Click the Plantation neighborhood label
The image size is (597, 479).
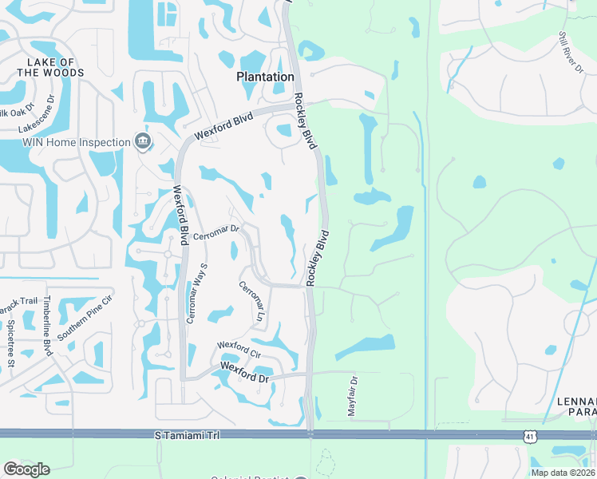click(x=265, y=77)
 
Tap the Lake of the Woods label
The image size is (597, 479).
click(x=50, y=68)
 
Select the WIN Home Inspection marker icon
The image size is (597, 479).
click(x=143, y=142)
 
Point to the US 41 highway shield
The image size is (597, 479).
click(x=530, y=434)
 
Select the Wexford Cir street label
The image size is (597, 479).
click(x=239, y=349)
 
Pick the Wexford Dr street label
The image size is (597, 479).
click(x=244, y=372)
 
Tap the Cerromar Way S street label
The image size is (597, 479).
click(x=197, y=293)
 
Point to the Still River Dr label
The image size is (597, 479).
click(x=571, y=53)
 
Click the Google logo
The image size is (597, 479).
click(x=26, y=469)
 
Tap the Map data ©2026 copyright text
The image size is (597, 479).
click(x=563, y=473)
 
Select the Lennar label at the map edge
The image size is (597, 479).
click(x=578, y=406)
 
